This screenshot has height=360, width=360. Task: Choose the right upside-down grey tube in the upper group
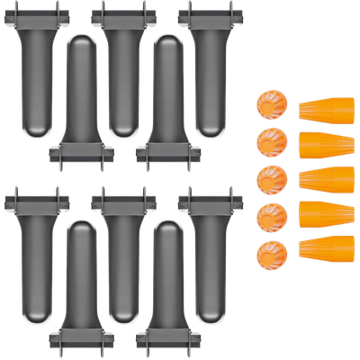coord(167,99)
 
